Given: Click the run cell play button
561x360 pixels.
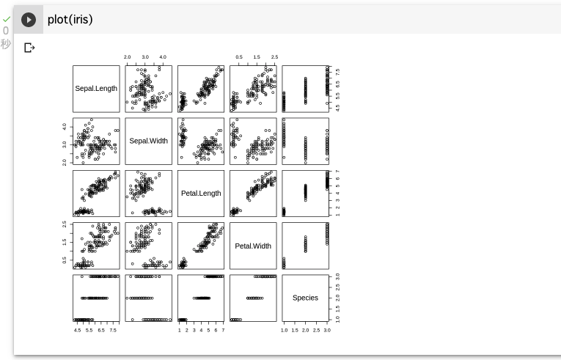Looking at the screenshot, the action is coord(29,19).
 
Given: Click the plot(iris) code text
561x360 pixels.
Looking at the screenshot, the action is coord(70,19).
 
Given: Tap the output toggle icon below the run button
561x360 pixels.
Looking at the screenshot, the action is coord(29,48).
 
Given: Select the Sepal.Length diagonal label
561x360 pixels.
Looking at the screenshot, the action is coord(96,89).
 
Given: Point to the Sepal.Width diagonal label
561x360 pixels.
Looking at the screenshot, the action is coord(148,141).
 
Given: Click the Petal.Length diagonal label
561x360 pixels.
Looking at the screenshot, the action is coord(201,194).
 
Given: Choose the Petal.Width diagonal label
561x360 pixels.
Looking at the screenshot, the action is coord(253,246).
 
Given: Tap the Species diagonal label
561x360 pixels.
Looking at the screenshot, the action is coord(305,298).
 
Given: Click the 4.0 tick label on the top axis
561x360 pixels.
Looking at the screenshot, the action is coord(163,57).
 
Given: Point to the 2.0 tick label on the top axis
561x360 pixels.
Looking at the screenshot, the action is coord(127,57).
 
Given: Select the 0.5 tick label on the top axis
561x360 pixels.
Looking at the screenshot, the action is coord(239,57).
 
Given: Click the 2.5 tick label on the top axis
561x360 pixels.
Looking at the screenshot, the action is coord(274,57).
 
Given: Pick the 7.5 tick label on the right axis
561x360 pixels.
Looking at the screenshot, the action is coord(337,72).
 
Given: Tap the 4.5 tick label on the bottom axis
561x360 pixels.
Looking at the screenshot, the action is coord(77,330).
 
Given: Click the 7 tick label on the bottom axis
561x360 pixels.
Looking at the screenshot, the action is coord(223,330).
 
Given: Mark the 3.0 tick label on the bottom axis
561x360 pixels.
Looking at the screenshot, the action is coord(327,330).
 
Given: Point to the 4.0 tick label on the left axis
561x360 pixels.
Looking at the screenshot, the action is coord(65,127).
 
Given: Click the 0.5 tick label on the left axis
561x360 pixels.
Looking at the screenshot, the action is coord(65,260).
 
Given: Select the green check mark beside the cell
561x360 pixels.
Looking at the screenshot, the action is coord(7,19).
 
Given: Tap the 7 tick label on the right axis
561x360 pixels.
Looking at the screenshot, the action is coord(337,172).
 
